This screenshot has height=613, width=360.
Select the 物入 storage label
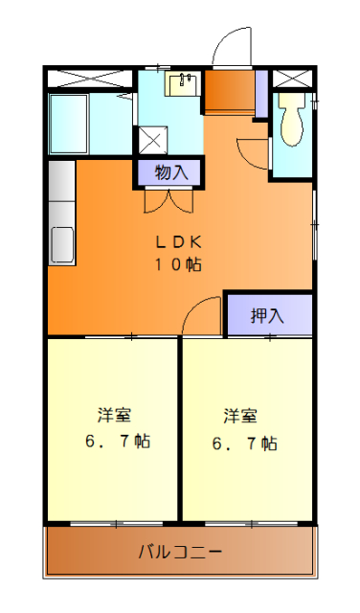coord(170,172)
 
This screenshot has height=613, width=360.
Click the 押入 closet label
coord(267,315)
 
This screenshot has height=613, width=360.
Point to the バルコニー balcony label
coord(180,553)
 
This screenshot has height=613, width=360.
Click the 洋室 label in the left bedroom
coord(114,416)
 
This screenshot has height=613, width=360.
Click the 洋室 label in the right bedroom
coord(241,416)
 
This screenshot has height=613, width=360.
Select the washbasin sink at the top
coord(181,85)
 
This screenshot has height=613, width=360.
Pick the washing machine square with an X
coord(150,140)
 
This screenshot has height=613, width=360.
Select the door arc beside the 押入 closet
coord(203,316)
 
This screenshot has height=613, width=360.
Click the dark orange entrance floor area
coord(230,91)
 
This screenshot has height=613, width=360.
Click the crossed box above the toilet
coord(293,78)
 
